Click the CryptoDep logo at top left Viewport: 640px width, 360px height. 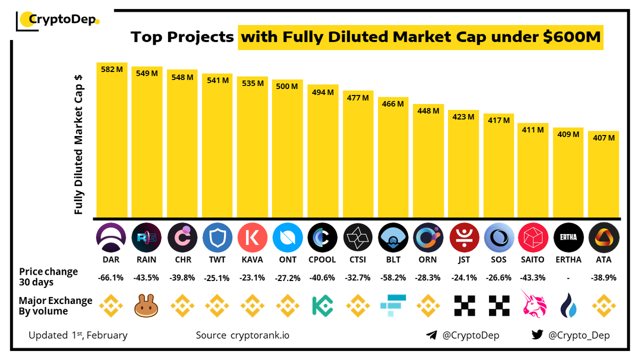click(59, 20)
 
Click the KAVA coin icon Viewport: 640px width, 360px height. click(252, 237)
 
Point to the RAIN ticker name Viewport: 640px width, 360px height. click(146, 260)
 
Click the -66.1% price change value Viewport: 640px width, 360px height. click(111, 278)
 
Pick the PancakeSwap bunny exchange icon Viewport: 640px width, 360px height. click(147, 306)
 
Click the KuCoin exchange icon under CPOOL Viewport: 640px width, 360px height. click(323, 306)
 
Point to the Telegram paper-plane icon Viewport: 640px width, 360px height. click(431, 335)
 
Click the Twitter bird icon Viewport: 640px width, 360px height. click(537, 335)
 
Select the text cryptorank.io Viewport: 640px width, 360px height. click(260, 335)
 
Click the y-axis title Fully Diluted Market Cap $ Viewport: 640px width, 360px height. click(79, 144)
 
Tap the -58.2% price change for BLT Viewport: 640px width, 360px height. click(393, 278)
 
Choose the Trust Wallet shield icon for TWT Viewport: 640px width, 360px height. click(217, 237)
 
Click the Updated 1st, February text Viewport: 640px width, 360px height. click(78, 335)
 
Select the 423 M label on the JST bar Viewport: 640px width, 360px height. click(463, 116)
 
